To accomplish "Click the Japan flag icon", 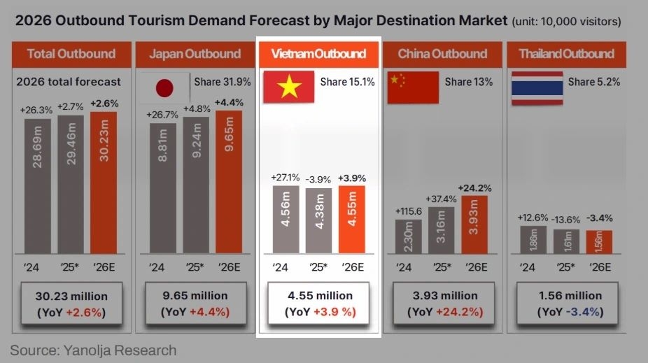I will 163,88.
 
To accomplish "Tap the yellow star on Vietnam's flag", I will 288,87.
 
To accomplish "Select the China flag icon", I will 412,87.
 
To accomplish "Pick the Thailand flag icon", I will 537,87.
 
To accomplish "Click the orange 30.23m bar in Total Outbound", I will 104,181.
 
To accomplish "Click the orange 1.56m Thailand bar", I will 598,242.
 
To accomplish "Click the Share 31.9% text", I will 218,82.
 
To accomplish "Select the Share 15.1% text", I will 347,82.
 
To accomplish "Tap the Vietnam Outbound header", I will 318,54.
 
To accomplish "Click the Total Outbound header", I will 71,54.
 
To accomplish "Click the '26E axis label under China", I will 475,267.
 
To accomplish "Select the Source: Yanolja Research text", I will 93,350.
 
